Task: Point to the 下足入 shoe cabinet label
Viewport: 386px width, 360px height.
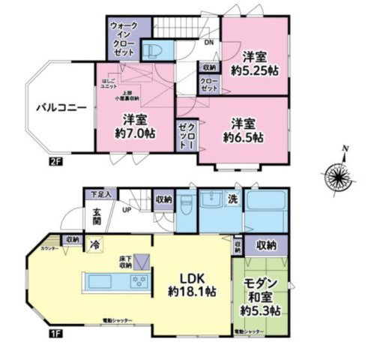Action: click(97, 194)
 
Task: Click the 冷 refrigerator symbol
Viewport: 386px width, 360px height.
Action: click(96, 244)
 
